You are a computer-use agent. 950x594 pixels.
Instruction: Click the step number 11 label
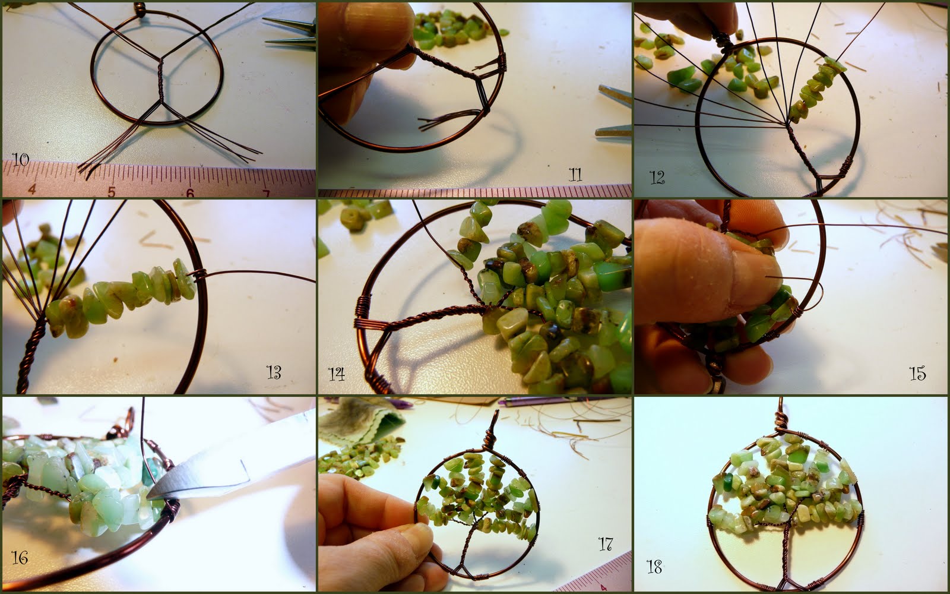pyautogui.click(x=575, y=174)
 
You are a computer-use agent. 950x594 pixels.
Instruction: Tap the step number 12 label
pyautogui.click(x=657, y=177)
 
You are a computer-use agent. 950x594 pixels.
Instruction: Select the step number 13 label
pyautogui.click(x=274, y=372)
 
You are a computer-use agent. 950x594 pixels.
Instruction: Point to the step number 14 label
pyautogui.click(x=337, y=374)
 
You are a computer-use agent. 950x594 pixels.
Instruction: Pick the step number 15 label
pyautogui.click(x=917, y=373)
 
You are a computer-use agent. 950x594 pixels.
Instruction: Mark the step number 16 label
pyautogui.click(x=20, y=557)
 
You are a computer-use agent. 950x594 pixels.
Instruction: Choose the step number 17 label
pyautogui.click(x=605, y=544)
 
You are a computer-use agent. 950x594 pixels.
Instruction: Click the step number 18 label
pyautogui.click(x=654, y=567)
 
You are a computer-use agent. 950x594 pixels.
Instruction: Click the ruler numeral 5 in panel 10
pyautogui.click(x=111, y=192)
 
